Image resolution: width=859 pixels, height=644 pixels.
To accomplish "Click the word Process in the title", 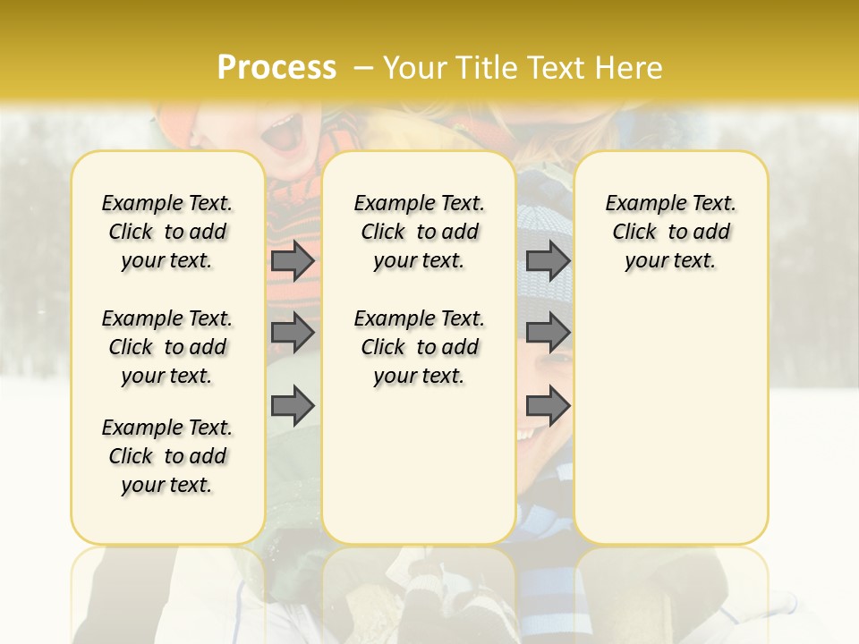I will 276,67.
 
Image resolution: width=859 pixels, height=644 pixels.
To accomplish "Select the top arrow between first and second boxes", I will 293,260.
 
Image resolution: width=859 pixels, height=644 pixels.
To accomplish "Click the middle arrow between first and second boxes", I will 293,333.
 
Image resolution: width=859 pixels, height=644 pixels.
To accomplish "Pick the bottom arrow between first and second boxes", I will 293,405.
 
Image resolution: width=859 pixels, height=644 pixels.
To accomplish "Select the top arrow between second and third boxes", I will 548,260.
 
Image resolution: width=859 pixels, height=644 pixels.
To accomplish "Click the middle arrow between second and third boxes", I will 548,333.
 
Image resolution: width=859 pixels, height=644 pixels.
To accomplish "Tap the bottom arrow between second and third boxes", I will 548,405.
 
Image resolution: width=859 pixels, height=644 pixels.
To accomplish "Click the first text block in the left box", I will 167,232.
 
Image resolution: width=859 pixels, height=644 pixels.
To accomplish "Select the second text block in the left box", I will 167,347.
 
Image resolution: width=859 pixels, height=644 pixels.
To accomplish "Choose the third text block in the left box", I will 167,456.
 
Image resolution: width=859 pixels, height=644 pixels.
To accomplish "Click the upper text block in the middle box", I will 419,232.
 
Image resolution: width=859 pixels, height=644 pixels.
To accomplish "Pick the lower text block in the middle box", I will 419,347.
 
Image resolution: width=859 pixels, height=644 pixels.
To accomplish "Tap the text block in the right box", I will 670,232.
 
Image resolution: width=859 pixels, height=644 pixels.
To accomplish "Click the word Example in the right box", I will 639,204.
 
